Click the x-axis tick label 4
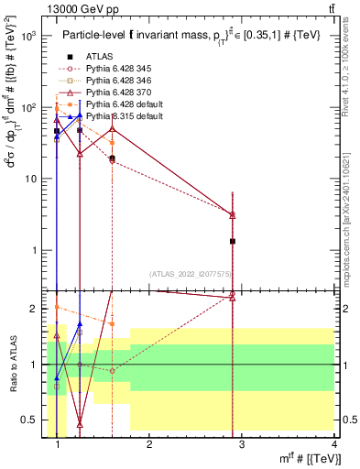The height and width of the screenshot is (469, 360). click(x=334, y=446)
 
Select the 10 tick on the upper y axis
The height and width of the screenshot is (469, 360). click(x=33, y=179)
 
